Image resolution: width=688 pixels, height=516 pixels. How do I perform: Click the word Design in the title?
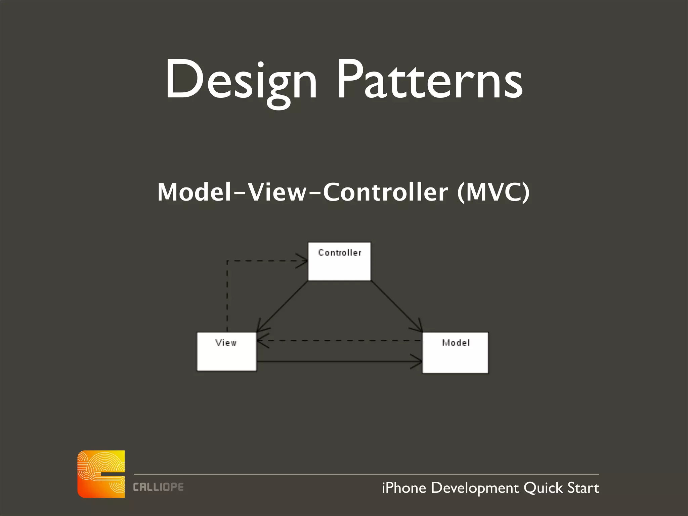(x=241, y=81)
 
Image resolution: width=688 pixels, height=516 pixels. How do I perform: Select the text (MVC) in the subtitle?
(x=493, y=192)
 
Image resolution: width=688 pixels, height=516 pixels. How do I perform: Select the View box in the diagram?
(x=226, y=356)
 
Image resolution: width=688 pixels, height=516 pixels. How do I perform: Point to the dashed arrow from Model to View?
(x=339, y=341)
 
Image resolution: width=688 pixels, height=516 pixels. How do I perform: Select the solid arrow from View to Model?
(x=339, y=362)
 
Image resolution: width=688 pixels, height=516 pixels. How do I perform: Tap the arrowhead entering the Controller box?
(x=302, y=261)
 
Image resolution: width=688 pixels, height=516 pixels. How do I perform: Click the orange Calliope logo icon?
(x=101, y=474)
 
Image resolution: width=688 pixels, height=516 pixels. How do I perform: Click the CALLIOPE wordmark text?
(x=158, y=487)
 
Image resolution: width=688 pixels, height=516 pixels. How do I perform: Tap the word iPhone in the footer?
(x=404, y=488)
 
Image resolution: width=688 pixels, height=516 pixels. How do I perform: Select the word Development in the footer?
(x=475, y=488)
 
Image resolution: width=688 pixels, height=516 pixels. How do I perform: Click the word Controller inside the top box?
(x=339, y=253)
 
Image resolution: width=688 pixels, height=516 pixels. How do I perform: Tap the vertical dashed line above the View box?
(x=227, y=296)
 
